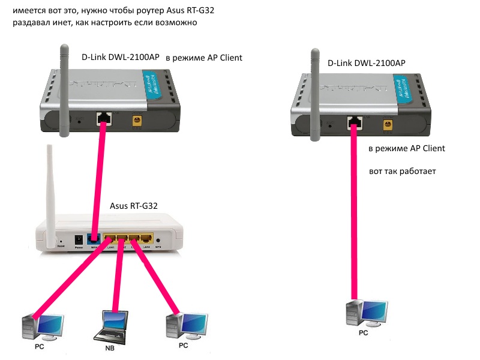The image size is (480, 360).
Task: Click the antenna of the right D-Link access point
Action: click(313, 90)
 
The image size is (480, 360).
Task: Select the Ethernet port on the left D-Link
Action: click(104, 117)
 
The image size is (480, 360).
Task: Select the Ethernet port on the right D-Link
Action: click(354, 123)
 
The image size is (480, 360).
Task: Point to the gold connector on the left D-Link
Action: click(137, 121)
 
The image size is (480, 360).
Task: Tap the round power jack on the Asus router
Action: click(77, 240)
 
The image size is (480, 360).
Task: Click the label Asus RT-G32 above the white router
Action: click(134, 205)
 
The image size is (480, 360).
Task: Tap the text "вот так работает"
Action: click(402, 172)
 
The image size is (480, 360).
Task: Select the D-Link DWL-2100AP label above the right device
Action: click(366, 63)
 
